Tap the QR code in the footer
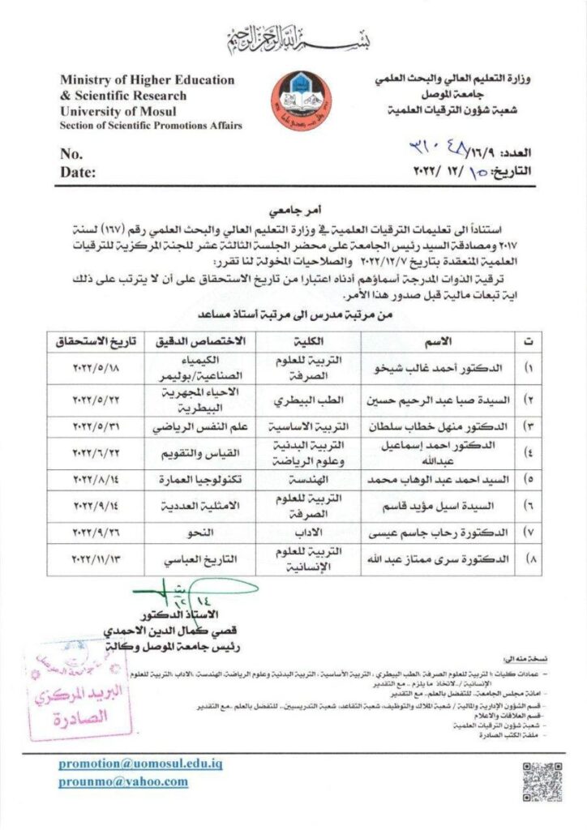(542, 781)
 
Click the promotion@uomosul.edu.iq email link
(140, 764)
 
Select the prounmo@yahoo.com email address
(123, 781)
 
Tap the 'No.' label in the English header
(71, 153)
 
